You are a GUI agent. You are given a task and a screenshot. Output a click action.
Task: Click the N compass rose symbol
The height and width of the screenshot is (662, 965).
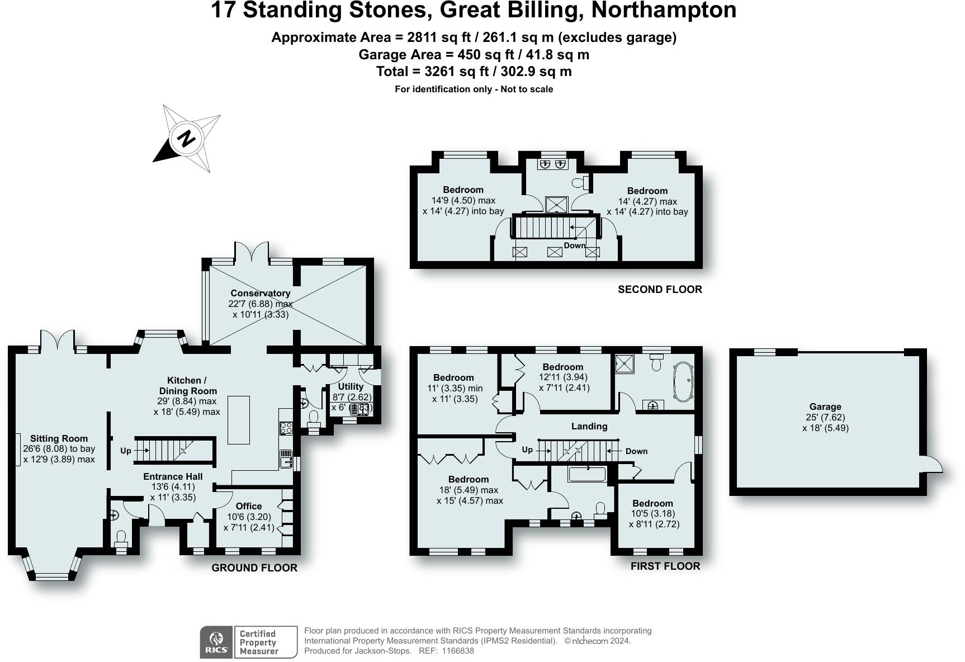(187, 138)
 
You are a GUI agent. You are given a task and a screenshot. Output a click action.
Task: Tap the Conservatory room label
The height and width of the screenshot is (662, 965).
(261, 293)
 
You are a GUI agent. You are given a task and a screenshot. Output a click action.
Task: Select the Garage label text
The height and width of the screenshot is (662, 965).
(825, 407)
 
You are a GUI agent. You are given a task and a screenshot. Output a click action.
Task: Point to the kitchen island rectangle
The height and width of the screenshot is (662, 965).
(238, 419)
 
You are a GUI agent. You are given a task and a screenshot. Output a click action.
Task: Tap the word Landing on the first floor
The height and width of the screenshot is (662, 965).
(589, 426)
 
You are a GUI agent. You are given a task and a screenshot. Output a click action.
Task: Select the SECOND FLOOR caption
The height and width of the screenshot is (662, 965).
(660, 289)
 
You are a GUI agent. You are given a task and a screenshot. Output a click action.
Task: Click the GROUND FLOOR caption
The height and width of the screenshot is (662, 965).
(254, 568)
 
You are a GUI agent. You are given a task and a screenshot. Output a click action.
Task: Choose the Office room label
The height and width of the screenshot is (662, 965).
(249, 506)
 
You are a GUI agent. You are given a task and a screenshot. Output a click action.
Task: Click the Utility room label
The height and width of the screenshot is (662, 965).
(351, 386)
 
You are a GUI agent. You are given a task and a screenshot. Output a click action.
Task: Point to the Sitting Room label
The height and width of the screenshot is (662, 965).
(59, 438)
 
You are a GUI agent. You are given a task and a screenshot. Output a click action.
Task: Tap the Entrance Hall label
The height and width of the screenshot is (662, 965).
(173, 476)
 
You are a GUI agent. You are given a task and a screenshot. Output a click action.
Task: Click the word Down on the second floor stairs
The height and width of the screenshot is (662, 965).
(575, 245)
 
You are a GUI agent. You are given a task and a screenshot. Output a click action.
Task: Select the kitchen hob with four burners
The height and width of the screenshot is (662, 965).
(286, 428)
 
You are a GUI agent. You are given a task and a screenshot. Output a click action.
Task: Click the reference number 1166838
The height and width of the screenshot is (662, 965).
(458, 651)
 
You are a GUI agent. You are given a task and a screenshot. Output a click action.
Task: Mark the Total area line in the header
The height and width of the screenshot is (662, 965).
(474, 72)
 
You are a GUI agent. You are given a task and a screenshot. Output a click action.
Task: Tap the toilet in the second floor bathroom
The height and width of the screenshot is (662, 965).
(582, 182)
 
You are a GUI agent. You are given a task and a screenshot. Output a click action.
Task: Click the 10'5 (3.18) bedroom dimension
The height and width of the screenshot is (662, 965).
(653, 513)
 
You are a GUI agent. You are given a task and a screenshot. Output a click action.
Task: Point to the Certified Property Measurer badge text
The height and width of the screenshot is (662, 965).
(259, 642)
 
